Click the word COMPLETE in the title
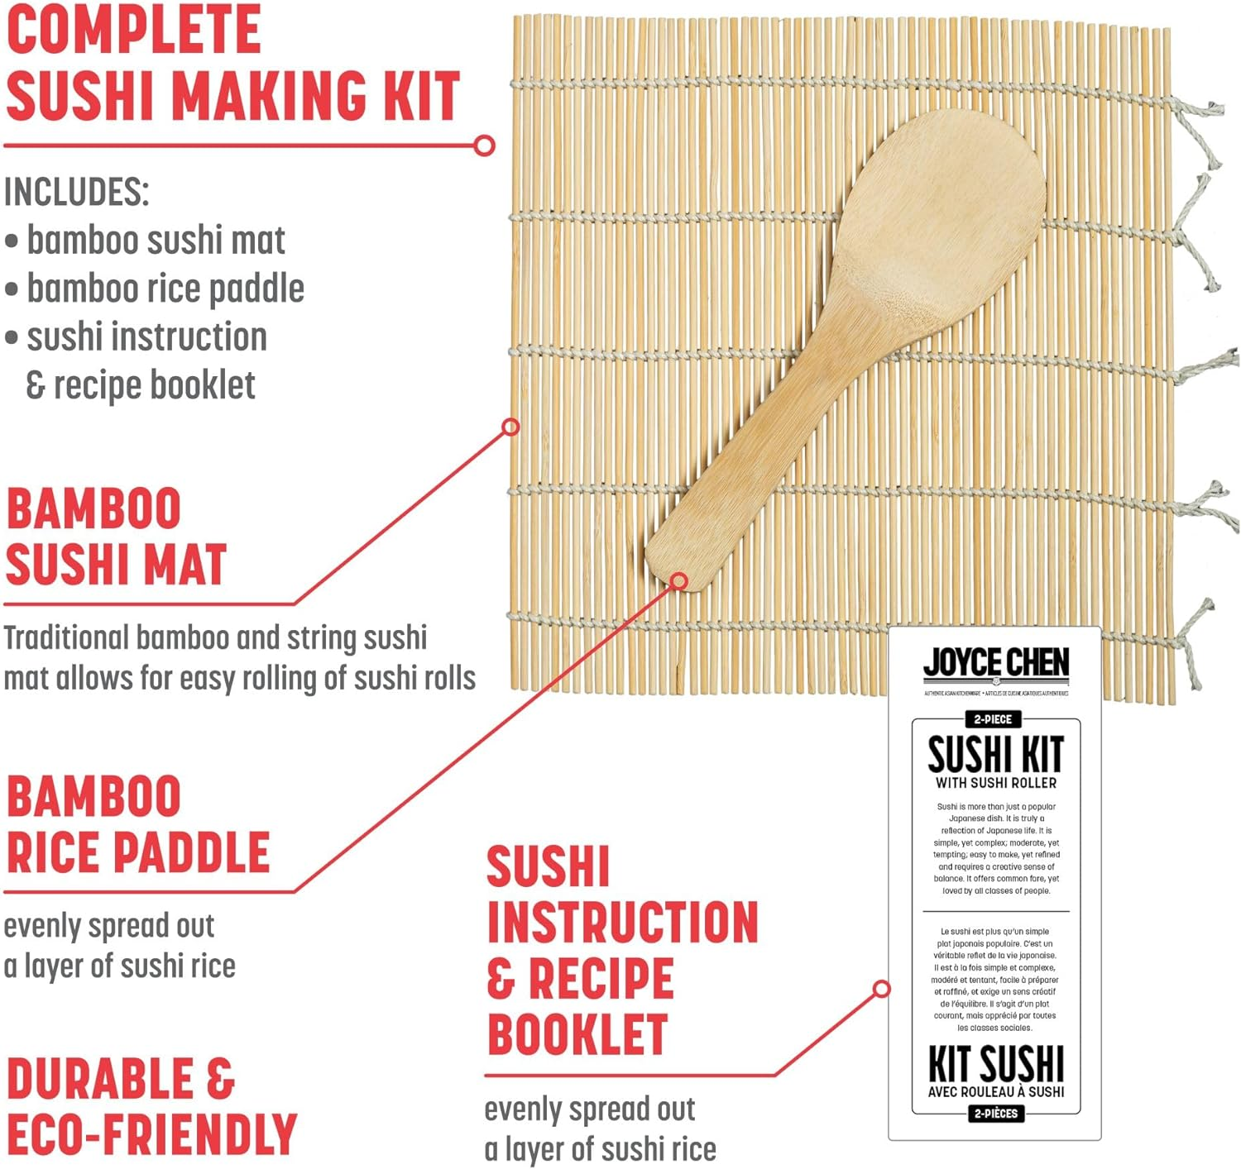tap(133, 30)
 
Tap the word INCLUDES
tap(76, 192)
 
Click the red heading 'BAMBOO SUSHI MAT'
tap(116, 537)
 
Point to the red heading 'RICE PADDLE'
tap(138, 852)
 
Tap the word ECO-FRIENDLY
tap(151, 1134)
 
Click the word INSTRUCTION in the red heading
tap(622, 923)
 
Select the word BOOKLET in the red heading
tap(577, 1034)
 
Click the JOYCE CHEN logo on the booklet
tap(996, 663)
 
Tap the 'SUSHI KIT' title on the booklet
tap(995, 754)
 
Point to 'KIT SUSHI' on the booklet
tap(995, 1063)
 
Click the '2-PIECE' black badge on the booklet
tap(993, 719)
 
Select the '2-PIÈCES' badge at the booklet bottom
tap(995, 1114)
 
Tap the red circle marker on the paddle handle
tap(678, 581)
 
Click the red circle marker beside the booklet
tap(882, 989)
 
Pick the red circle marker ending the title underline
tap(485, 146)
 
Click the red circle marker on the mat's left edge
tap(510, 427)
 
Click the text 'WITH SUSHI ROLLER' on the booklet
tap(995, 783)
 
